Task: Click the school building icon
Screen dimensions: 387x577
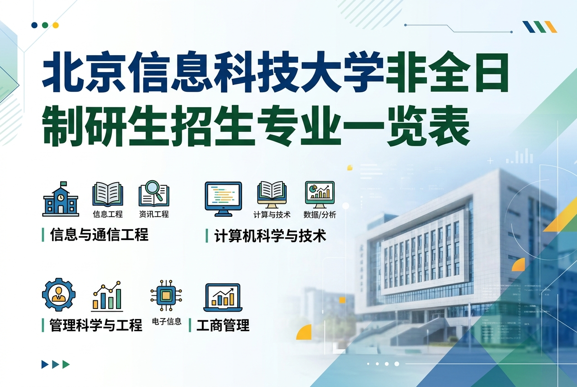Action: pos(61,199)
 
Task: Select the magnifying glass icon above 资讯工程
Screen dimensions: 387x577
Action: pos(153,194)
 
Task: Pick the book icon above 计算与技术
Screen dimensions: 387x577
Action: pos(272,194)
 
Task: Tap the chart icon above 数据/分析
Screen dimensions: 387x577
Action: pos(320,194)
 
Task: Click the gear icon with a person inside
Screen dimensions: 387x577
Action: pos(59,294)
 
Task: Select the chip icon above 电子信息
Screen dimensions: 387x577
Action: pos(166,296)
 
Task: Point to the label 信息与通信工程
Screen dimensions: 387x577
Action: pos(99,235)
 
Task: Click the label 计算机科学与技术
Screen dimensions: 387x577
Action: pos(270,236)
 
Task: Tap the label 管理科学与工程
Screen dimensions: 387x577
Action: pos(96,325)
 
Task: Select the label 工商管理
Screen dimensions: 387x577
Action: pos(223,325)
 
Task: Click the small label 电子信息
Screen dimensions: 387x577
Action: pos(166,322)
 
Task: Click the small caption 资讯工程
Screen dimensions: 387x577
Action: pos(154,214)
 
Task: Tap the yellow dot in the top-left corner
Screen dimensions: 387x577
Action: pos(56,25)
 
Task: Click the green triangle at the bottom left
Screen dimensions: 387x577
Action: pos(66,364)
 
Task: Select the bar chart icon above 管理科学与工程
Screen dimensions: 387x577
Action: pos(107,296)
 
